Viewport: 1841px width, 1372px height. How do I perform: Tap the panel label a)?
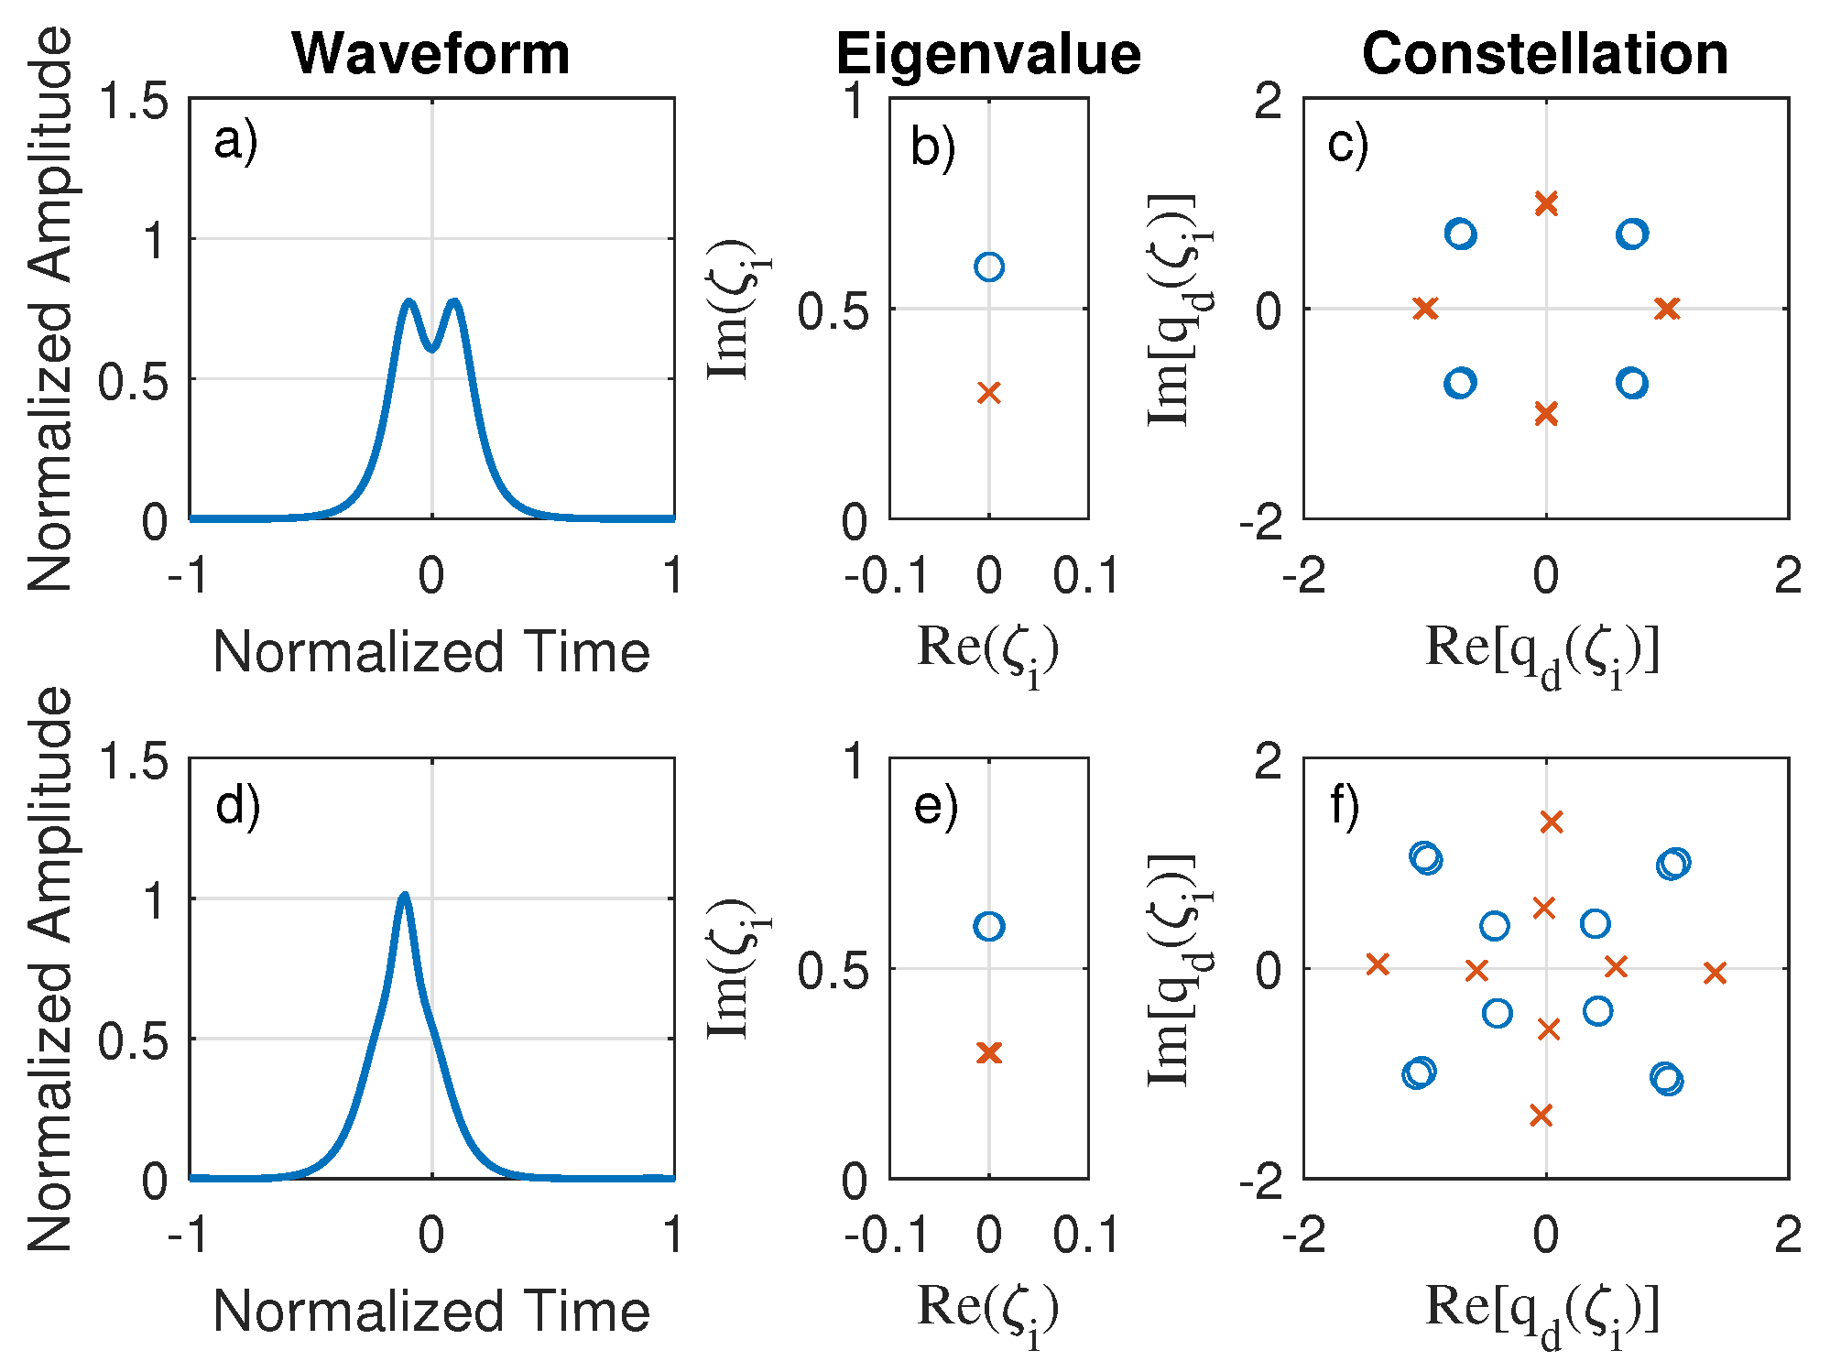(235, 142)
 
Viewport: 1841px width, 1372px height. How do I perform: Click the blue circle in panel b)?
(988, 267)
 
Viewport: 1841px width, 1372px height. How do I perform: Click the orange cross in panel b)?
(988, 393)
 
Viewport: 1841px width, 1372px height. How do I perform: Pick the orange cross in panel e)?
(988, 1052)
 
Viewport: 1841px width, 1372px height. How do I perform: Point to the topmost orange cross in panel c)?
(1546, 203)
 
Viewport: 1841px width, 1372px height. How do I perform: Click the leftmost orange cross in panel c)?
(1425, 309)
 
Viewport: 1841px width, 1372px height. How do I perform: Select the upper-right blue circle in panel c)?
(1631, 234)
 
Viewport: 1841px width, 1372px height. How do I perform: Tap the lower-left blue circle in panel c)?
(1460, 383)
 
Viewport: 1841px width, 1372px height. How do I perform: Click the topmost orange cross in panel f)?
(1551, 822)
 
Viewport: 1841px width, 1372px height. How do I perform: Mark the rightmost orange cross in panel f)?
(1715, 973)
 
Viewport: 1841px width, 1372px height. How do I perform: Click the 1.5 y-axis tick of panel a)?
(134, 101)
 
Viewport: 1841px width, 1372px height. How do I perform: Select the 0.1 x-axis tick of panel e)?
(1086, 1236)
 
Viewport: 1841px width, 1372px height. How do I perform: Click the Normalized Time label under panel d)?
(431, 1311)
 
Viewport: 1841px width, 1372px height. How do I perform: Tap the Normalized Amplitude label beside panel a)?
(50, 309)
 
